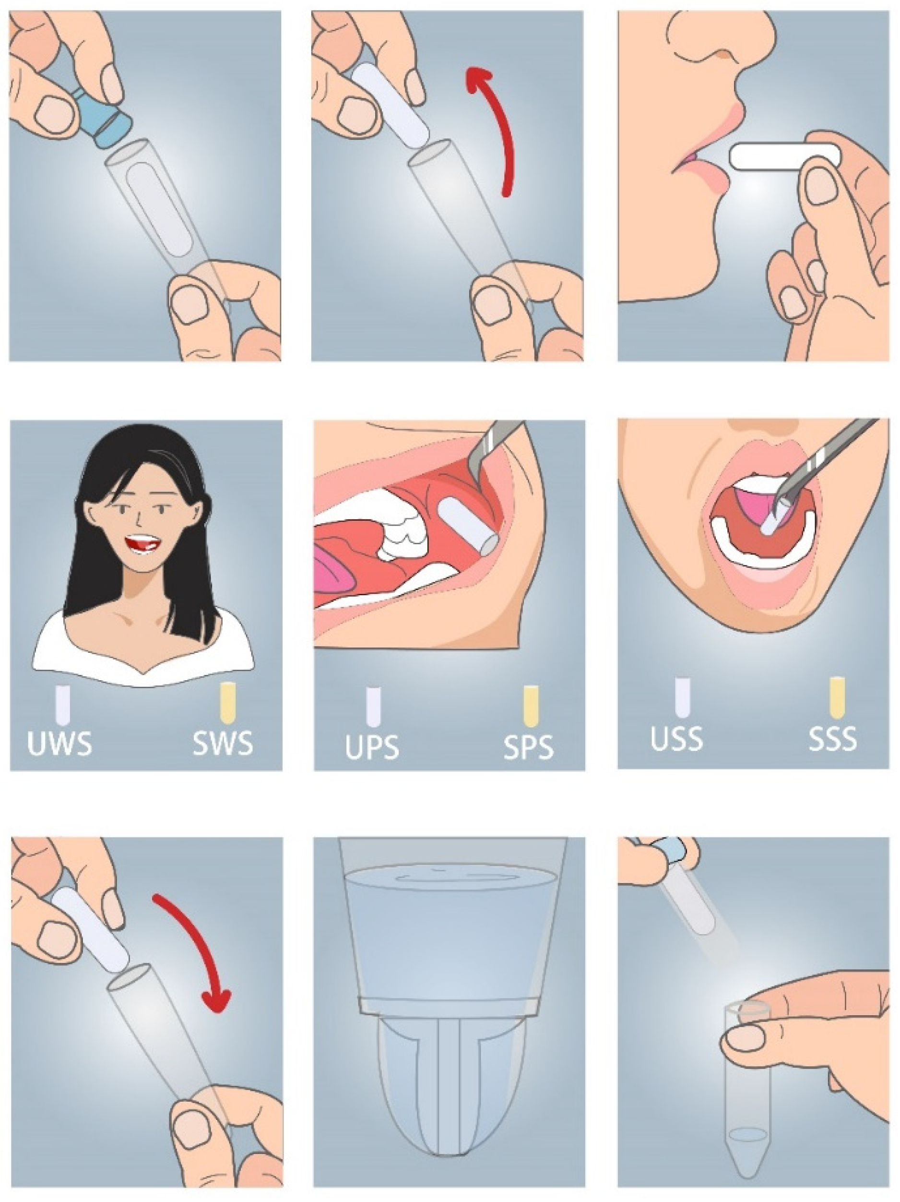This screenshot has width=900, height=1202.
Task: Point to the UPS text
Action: point(372,747)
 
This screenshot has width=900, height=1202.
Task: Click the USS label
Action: point(677,738)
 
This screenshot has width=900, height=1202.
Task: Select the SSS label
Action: point(833,738)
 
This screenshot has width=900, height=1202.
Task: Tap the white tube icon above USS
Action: point(682,697)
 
